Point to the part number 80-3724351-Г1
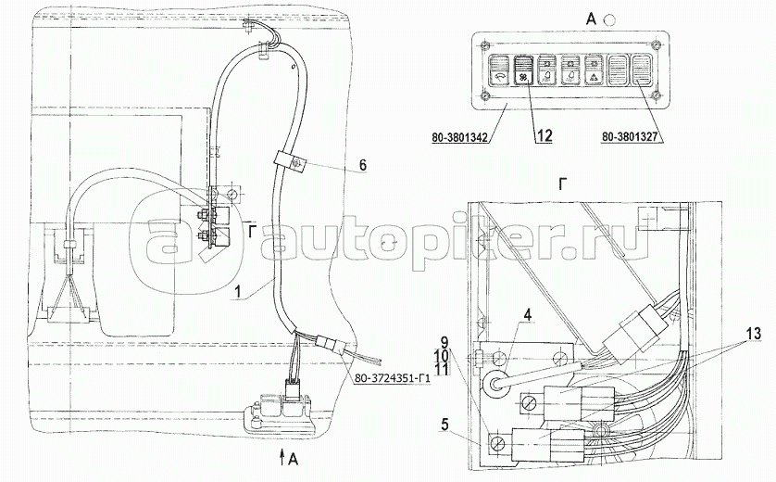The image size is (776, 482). pyautogui.click(x=394, y=379)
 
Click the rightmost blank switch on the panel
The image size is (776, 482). pyautogui.click(x=643, y=70)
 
